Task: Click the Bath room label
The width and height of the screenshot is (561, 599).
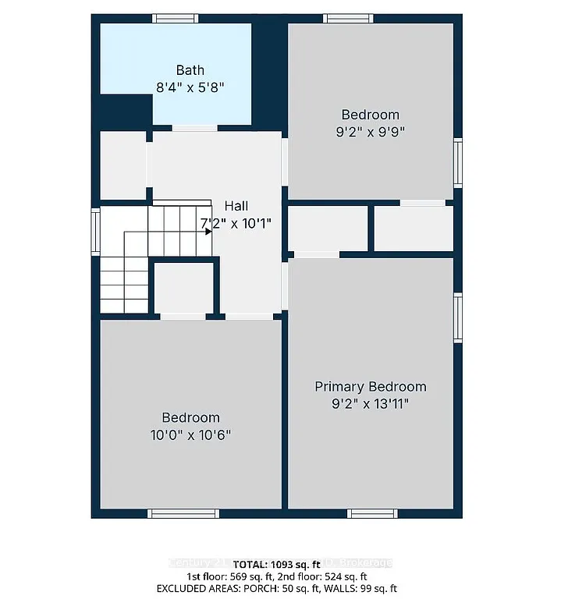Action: point(190,70)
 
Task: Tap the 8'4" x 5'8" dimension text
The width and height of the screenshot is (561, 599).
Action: point(190,87)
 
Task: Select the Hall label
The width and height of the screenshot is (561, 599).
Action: point(236,206)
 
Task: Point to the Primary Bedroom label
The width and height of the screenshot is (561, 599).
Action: point(370,387)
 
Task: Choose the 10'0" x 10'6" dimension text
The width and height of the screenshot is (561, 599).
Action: point(190,434)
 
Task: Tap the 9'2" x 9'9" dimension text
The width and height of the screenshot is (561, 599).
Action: point(370,132)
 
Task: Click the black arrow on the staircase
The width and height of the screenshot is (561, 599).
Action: point(208,231)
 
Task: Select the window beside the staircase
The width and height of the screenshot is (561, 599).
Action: point(95,232)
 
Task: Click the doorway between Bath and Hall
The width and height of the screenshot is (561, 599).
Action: point(194,128)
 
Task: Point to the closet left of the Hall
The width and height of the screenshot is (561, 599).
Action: point(122,165)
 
